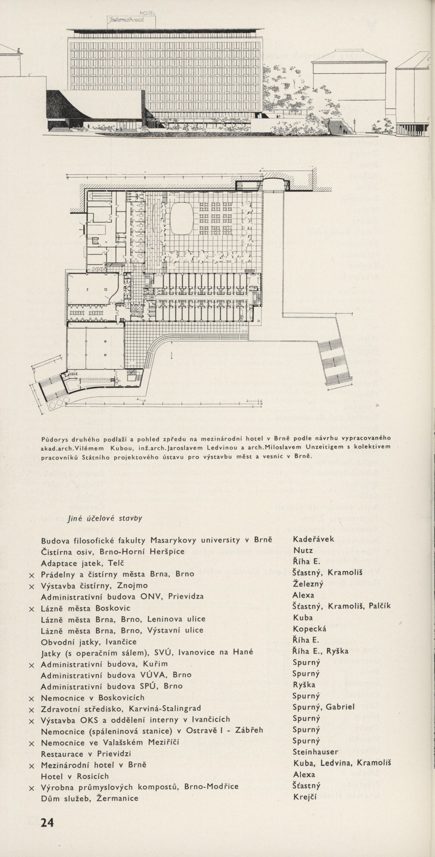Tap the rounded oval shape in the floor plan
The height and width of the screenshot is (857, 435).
tap(182, 218)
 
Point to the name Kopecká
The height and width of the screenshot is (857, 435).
tap(309, 629)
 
